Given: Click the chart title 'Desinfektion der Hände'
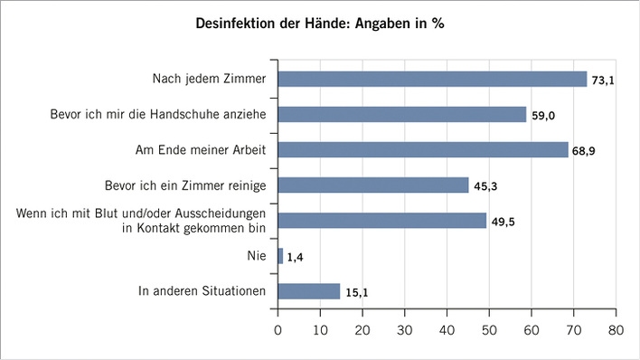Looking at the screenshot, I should (320, 24).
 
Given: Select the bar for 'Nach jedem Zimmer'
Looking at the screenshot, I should (432, 80).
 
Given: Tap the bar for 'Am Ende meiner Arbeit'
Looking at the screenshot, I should (423, 149).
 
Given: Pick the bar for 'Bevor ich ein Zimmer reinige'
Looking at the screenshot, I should (373, 185).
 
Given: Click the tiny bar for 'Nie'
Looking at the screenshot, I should (280, 256).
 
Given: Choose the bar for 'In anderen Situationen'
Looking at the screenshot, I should (309, 291).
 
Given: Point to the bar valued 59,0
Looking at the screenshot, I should (402, 115).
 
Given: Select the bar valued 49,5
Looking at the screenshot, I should (382, 221).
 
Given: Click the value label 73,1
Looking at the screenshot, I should (603, 81).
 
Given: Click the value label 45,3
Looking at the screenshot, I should (485, 186).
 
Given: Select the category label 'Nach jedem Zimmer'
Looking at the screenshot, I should (209, 80).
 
